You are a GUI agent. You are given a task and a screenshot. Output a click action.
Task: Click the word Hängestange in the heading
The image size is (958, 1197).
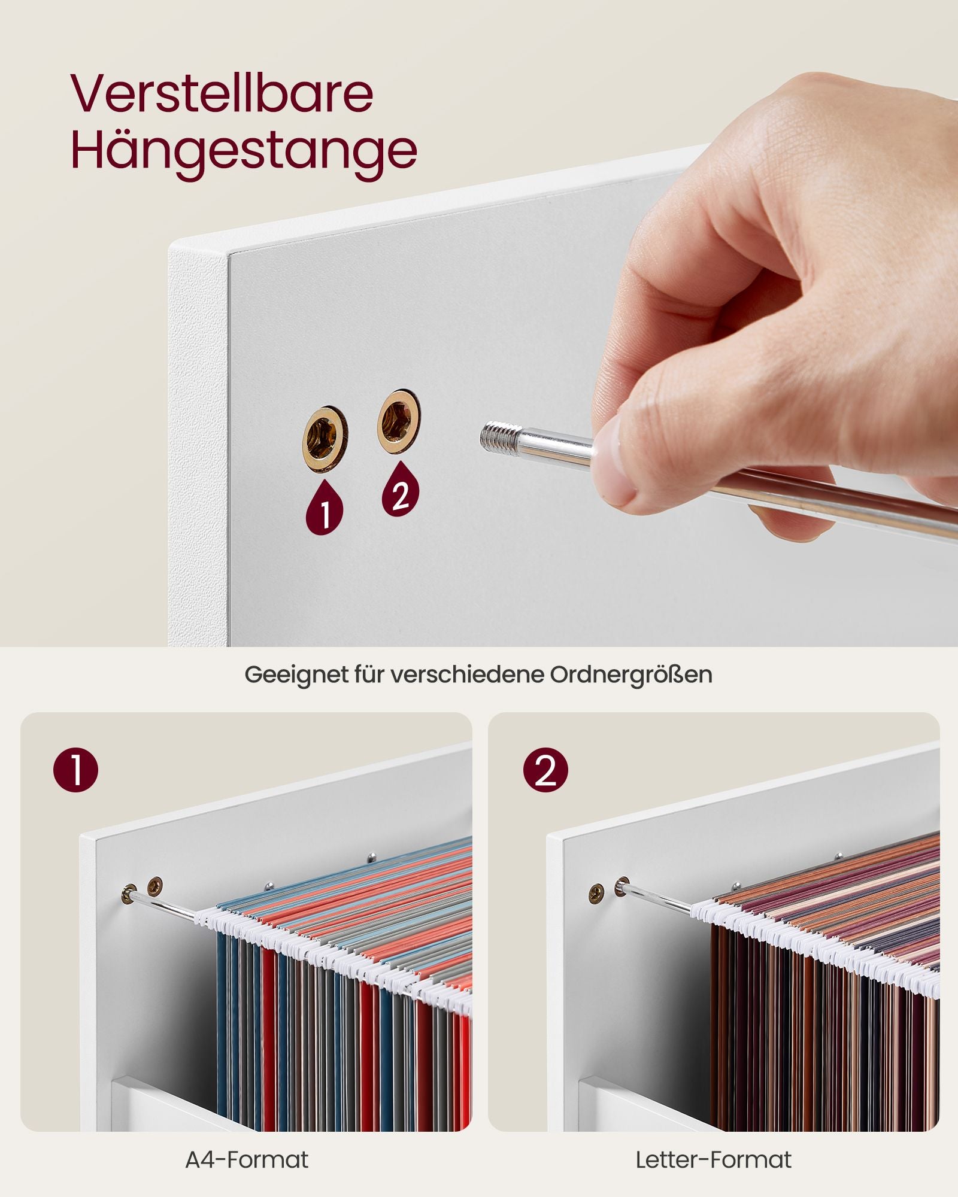tap(244, 150)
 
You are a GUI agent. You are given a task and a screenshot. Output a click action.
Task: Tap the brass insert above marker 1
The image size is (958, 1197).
tap(325, 439)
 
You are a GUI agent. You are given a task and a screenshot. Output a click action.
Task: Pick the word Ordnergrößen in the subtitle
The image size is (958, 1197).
tap(631, 675)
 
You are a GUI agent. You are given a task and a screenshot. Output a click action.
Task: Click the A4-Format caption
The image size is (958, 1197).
tap(247, 1160)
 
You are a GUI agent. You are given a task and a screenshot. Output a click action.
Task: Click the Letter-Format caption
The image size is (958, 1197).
tap(714, 1160)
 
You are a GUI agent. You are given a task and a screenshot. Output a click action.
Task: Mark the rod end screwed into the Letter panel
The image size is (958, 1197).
tap(623, 888)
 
